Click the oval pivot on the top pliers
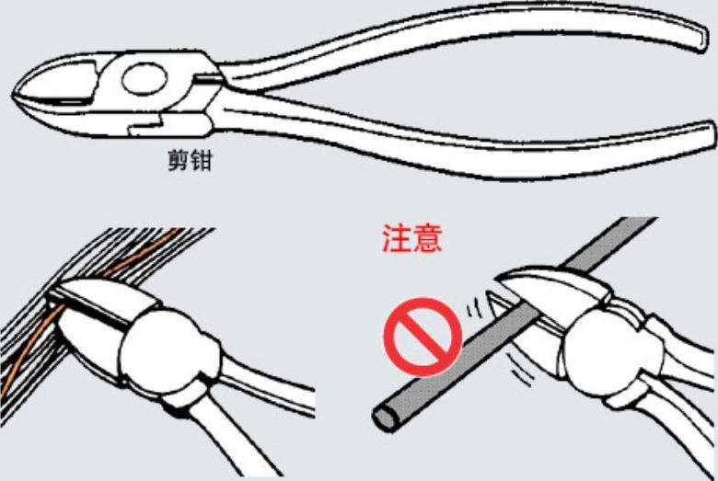click(145, 79)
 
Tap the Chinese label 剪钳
click(190, 161)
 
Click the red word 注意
click(412, 238)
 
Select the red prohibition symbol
click(423, 337)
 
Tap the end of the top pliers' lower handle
click(709, 135)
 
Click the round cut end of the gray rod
click(385, 418)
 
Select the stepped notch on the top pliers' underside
click(146, 125)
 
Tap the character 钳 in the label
click(202, 161)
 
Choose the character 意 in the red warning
click(428, 238)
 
